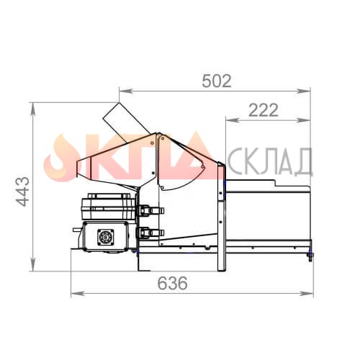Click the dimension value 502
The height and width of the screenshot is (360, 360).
point(217,81)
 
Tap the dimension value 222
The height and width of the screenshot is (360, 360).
point(264,110)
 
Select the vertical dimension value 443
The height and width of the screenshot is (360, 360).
point(23,192)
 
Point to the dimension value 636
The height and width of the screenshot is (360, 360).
point(172,283)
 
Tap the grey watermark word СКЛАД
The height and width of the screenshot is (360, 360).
point(269,161)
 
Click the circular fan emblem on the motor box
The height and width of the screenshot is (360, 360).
point(106,237)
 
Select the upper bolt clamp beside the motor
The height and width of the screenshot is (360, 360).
point(150,210)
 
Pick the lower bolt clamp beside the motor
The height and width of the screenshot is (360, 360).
point(150,233)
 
